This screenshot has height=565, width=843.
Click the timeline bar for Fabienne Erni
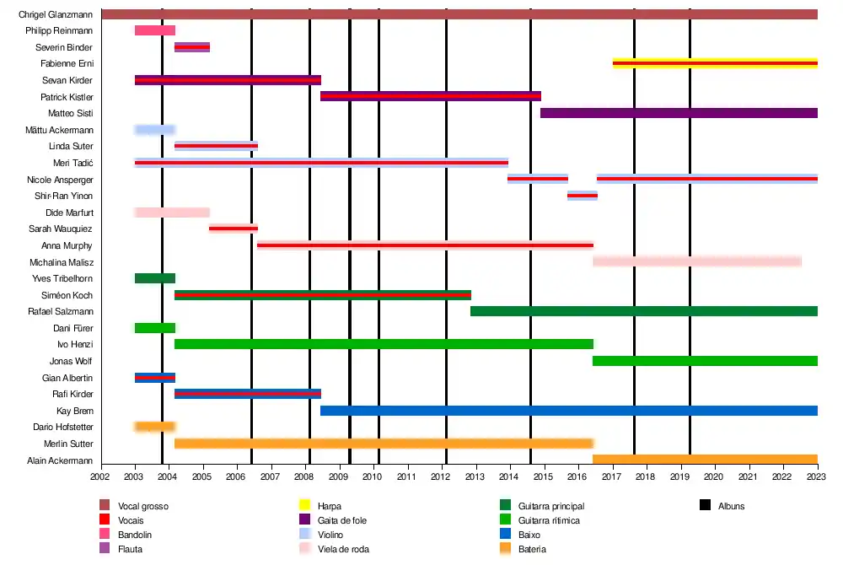click(x=715, y=63)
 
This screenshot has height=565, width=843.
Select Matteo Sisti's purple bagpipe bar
click(x=679, y=113)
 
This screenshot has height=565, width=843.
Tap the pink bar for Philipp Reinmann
click(x=155, y=30)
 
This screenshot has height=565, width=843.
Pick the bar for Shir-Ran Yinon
click(x=582, y=196)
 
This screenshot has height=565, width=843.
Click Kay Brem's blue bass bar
click(x=569, y=411)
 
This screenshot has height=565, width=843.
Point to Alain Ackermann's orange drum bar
click(x=705, y=460)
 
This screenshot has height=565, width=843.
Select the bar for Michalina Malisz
click(x=696, y=261)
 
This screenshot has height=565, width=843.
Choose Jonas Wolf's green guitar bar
click(x=705, y=361)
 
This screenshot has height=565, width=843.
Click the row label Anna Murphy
click(x=67, y=245)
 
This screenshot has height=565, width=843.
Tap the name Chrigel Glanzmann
click(x=56, y=14)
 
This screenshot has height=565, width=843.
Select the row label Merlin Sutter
click(x=68, y=444)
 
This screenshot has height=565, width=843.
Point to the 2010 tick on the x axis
click(x=372, y=477)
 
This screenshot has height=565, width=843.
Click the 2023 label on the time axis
click(x=818, y=477)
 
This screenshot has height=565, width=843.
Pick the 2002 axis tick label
click(x=101, y=477)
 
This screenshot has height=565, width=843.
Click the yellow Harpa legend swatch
click(x=306, y=506)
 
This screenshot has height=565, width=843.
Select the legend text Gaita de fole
click(x=342, y=521)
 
